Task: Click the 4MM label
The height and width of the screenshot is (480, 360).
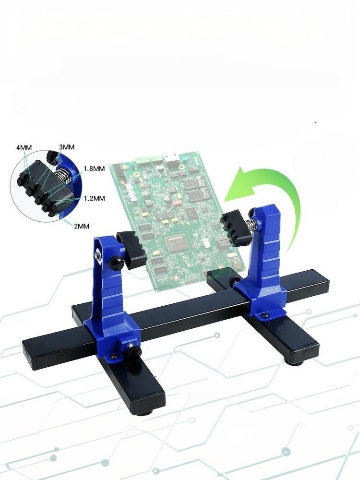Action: point(24,147)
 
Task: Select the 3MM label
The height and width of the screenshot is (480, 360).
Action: point(67,147)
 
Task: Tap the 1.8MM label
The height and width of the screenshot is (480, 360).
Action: point(94,168)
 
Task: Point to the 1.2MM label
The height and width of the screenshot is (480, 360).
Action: point(94,198)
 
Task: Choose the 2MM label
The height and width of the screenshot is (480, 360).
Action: point(82,226)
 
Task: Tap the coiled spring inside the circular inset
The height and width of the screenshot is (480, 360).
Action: point(63,176)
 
